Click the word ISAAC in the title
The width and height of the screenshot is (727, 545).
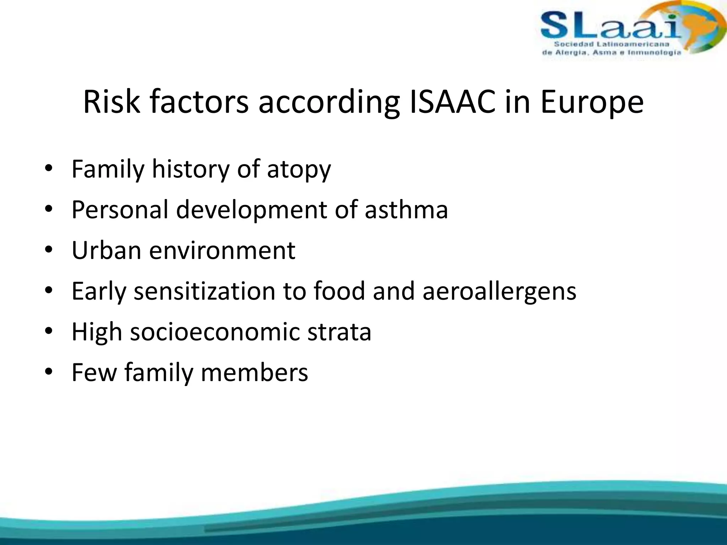(452, 102)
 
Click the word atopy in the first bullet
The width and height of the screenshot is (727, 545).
(299, 170)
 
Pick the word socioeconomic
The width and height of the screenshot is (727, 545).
(215, 332)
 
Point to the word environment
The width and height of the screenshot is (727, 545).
(222, 251)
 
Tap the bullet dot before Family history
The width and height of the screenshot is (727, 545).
(49, 168)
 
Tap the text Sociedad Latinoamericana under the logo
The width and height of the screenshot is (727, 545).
(611, 44)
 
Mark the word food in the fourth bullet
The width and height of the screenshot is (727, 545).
(339, 291)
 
